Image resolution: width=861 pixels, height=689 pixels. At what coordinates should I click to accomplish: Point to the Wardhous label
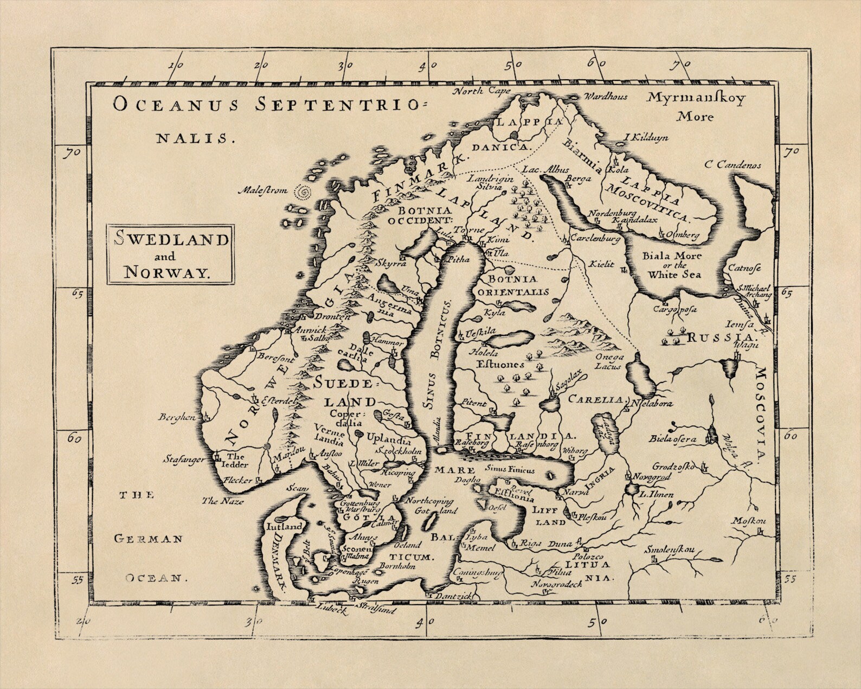click(606, 97)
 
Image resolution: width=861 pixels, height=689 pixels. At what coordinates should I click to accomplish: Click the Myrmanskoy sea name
click(696, 99)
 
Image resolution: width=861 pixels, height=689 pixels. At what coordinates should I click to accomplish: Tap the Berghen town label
click(177, 417)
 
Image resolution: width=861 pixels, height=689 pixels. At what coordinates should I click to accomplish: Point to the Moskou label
click(750, 521)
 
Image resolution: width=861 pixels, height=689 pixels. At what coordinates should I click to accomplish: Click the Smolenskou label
click(669, 550)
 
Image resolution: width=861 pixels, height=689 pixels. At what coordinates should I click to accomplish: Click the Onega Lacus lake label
click(610, 361)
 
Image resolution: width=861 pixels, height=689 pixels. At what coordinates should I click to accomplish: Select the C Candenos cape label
click(733, 165)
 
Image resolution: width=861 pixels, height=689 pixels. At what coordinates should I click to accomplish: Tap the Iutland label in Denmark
click(283, 526)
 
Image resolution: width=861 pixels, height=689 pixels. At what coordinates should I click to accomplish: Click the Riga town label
click(531, 543)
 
